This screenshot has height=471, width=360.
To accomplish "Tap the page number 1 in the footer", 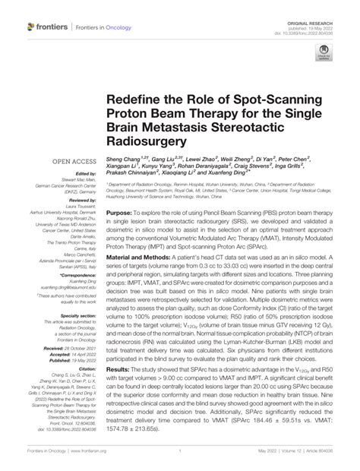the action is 180,460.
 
